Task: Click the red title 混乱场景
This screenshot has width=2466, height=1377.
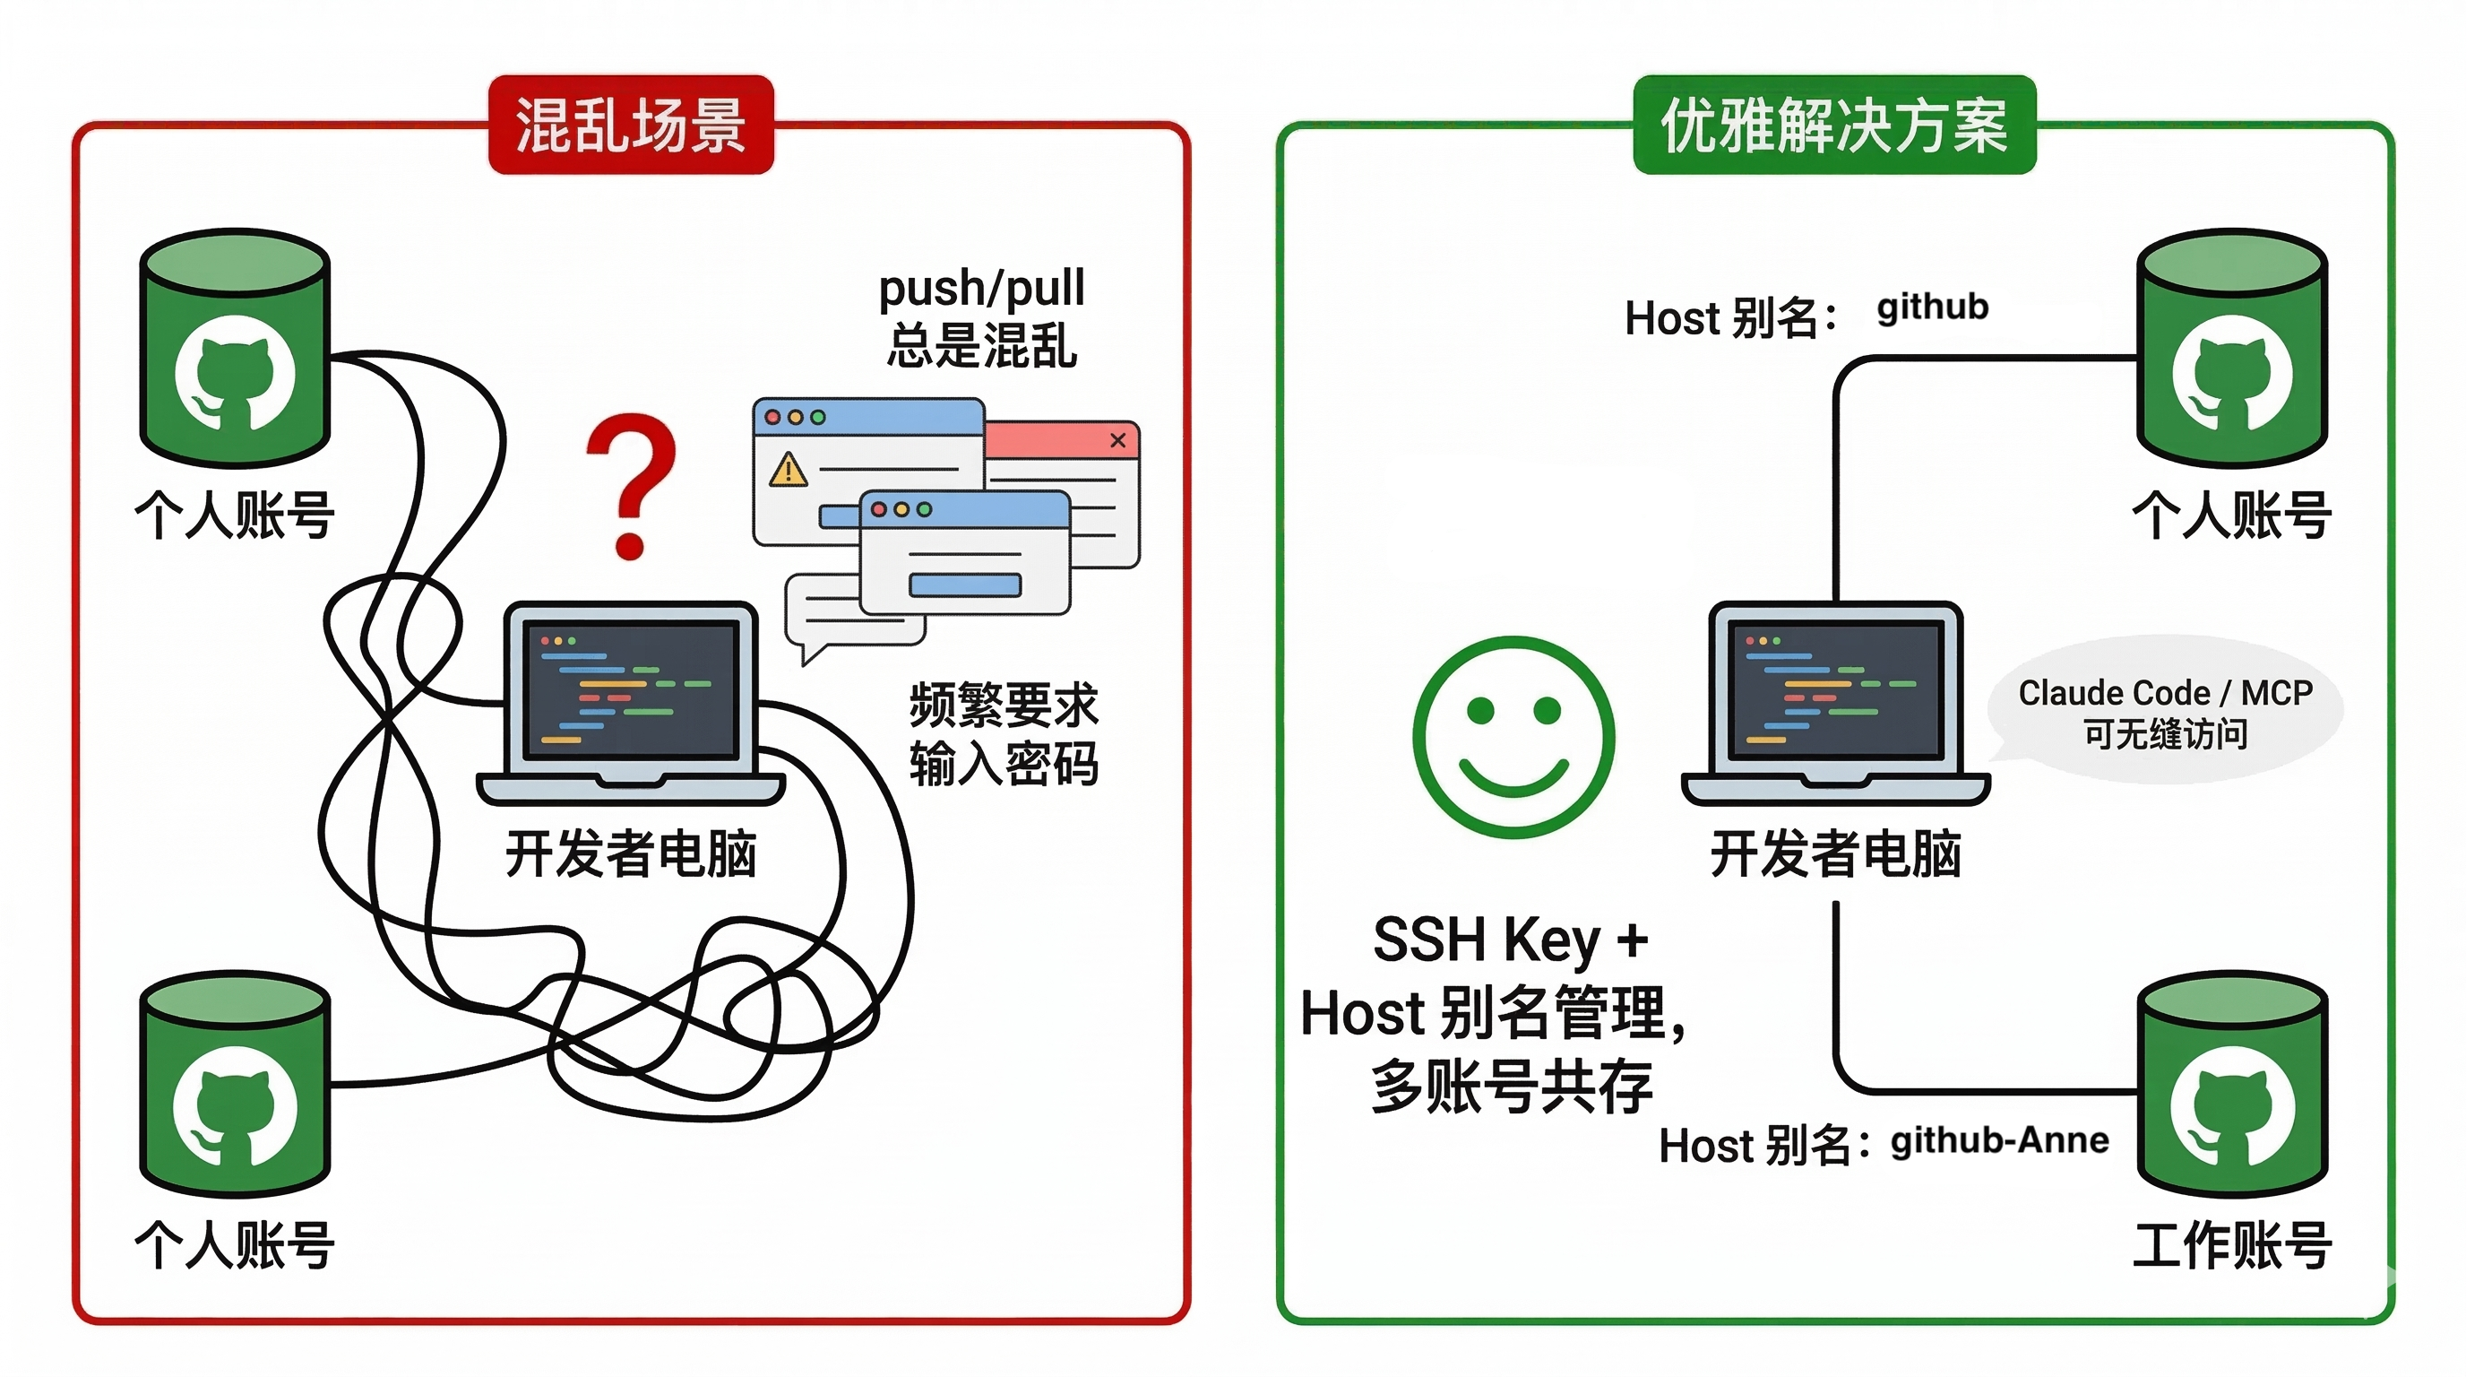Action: pyautogui.click(x=631, y=126)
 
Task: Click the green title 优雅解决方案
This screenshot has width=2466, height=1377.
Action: pyautogui.click(x=1833, y=126)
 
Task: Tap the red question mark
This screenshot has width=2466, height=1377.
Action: pyautogui.click(x=632, y=483)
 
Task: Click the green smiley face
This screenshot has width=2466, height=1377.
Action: pyautogui.click(x=1513, y=736)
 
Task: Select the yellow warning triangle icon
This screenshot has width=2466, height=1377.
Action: pyautogui.click(x=788, y=469)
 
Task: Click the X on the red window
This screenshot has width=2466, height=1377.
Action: pyautogui.click(x=1117, y=440)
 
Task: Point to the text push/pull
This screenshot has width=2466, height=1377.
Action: pyautogui.click(x=981, y=287)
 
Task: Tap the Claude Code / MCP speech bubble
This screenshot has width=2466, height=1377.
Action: pyautogui.click(x=2166, y=712)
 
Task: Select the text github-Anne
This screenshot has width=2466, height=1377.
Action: pyautogui.click(x=1999, y=1140)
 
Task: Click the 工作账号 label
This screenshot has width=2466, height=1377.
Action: pyautogui.click(x=2232, y=1245)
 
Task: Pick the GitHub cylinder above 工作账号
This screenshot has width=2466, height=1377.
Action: pyautogui.click(x=2232, y=1087)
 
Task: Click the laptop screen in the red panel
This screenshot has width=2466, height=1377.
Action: pyautogui.click(x=631, y=688)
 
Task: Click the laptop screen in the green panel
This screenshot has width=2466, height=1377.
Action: pyautogui.click(x=1836, y=688)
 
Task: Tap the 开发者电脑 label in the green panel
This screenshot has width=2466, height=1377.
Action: pyautogui.click(x=1836, y=853)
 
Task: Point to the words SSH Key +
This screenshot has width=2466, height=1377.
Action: pyautogui.click(x=1511, y=940)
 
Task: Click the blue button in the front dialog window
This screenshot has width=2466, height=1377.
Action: pyautogui.click(x=965, y=585)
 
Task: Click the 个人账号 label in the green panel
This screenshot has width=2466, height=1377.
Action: pyautogui.click(x=2232, y=515)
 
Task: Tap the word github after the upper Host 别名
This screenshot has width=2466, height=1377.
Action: pyautogui.click(x=1932, y=307)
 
